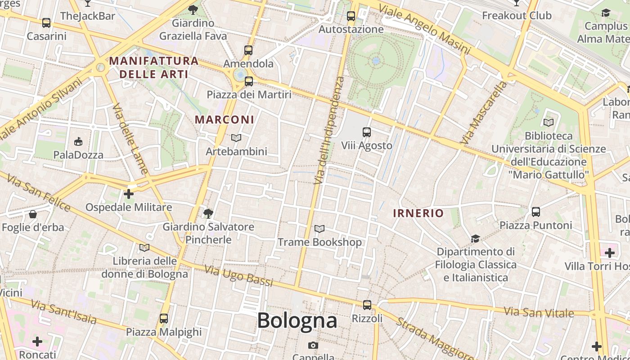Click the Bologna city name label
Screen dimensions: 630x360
(297, 320)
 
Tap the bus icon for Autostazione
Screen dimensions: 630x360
(351, 16)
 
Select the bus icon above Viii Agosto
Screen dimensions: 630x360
(367, 132)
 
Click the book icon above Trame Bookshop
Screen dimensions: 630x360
(319, 229)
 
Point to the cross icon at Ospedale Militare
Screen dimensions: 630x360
(129, 194)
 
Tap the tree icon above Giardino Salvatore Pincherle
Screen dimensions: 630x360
(208, 213)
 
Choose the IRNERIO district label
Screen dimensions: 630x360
(418, 213)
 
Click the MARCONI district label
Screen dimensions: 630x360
(225, 120)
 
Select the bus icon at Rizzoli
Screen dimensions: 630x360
(367, 305)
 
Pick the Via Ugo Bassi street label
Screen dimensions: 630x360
(239, 276)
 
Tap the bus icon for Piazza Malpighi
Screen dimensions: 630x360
(164, 319)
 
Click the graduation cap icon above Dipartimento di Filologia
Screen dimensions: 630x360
(475, 238)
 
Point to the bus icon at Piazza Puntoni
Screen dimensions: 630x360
(535, 211)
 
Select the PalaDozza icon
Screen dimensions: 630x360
(78, 142)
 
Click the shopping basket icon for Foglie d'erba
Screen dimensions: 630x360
(33, 214)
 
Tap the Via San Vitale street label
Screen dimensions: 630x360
(539, 312)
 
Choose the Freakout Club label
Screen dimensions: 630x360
(517, 16)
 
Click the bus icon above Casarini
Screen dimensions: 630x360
(46, 22)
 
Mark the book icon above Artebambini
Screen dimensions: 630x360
(236, 138)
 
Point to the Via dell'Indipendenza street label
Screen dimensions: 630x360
(328, 130)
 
